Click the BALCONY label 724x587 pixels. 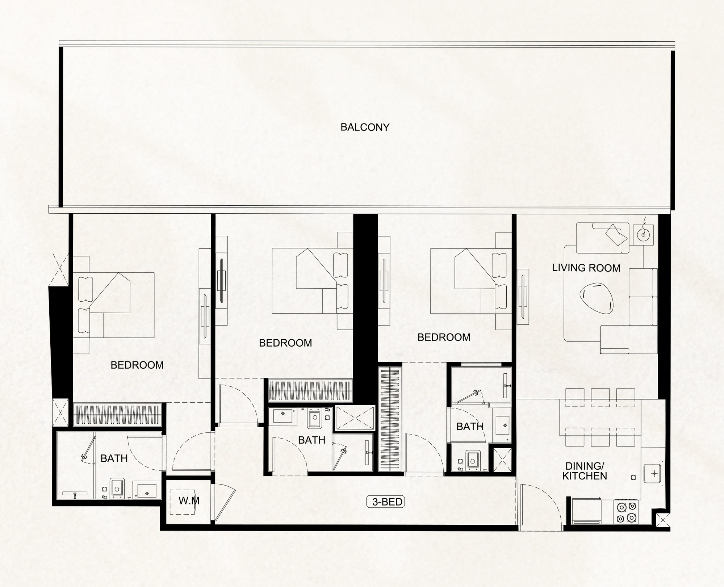pos(365,127)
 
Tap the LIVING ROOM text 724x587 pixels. pos(586,268)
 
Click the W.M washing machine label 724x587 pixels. pos(189,501)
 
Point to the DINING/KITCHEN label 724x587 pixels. pos(585,471)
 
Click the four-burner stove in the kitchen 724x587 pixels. pos(626,512)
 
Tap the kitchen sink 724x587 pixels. pos(654,473)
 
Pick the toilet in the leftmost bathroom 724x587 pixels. pos(116,489)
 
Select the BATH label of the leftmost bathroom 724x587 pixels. pos(114,458)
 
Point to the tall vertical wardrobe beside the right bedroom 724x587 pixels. pos(390,419)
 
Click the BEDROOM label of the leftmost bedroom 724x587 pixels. pos(137,365)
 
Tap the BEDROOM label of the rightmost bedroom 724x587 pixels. pos(444,337)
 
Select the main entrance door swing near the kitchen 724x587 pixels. pos(541,504)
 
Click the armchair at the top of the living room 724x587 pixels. pos(603,238)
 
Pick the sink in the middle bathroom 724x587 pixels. pos(285,416)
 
